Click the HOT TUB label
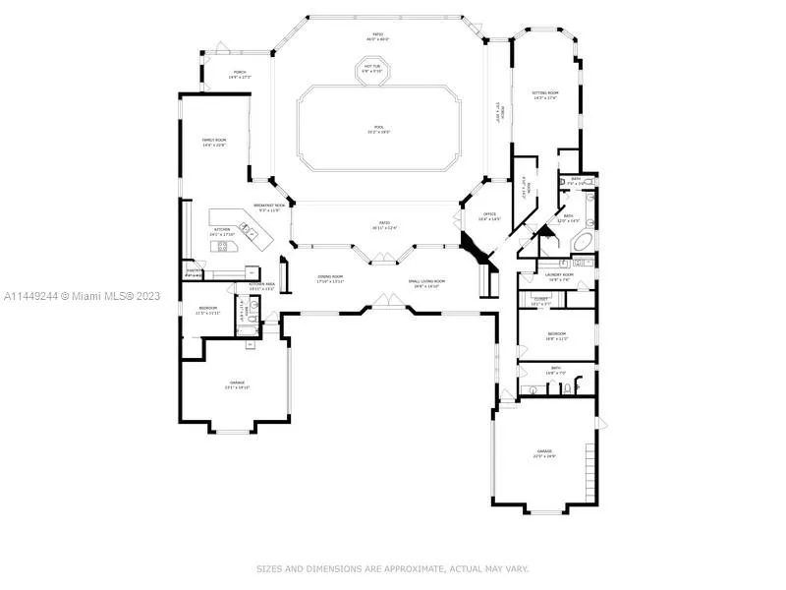click(372, 68)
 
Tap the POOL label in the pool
click(378, 128)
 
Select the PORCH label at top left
click(239, 74)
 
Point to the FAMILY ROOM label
click(214, 143)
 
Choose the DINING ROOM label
click(330, 279)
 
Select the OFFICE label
click(488, 216)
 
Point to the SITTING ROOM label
click(544, 93)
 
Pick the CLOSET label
click(541, 300)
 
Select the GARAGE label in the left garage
click(238, 383)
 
